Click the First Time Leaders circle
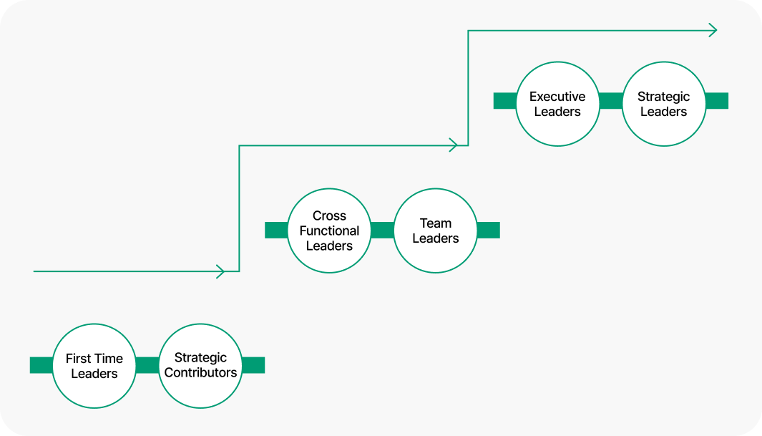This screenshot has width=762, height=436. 94,366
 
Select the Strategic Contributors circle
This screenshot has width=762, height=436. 200,366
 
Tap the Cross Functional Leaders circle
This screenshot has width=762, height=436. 329,231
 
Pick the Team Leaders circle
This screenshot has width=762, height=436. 435,231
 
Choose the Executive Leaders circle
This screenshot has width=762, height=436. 557,103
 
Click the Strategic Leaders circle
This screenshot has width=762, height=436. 663,103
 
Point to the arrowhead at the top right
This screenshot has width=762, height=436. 712,30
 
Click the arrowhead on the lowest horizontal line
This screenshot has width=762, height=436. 220,271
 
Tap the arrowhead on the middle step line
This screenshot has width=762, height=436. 452,145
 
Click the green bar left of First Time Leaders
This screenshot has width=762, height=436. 41,365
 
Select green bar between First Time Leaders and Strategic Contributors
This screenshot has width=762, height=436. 147,365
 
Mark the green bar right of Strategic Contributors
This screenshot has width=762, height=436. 253,365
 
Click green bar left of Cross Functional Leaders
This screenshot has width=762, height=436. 276,230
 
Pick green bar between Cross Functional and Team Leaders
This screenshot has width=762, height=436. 382,230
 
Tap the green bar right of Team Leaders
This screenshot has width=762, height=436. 488,230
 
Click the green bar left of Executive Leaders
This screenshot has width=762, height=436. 505,101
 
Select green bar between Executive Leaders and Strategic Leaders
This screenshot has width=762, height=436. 610,101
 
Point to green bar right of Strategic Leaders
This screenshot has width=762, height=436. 716,101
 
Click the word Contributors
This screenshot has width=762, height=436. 200,373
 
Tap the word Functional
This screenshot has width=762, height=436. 329,231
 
